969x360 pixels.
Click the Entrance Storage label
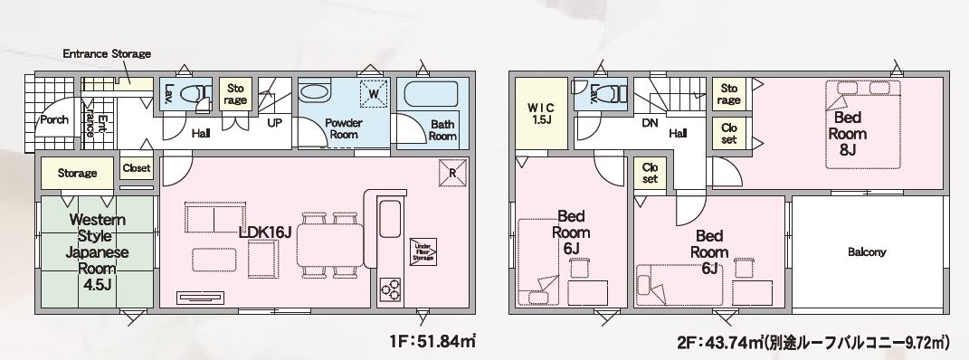click(107, 53)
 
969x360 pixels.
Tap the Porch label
click(54, 119)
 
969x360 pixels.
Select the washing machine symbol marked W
click(374, 93)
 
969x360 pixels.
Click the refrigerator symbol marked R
click(451, 173)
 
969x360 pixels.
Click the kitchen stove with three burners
click(389, 289)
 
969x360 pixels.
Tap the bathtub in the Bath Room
click(430, 95)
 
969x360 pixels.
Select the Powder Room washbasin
click(316, 93)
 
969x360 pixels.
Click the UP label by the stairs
click(275, 123)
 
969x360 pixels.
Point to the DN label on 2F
click(650, 123)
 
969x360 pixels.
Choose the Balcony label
click(867, 252)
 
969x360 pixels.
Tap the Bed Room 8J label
click(847, 133)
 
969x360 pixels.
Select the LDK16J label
click(265, 232)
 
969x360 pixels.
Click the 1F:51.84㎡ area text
click(432, 340)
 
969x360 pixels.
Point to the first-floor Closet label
click(136, 168)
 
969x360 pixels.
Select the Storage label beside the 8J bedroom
click(729, 93)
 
